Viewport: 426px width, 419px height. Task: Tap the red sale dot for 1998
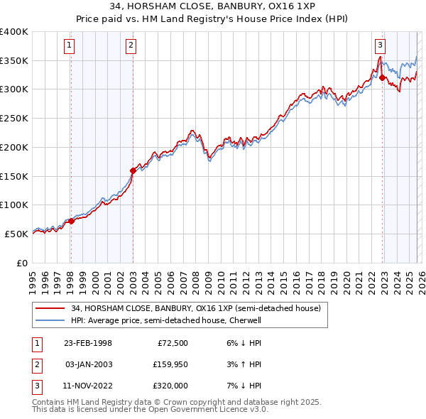71,221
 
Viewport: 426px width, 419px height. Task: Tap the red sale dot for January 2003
133,170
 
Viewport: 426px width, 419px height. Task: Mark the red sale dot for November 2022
382,77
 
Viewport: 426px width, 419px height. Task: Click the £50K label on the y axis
16,234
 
